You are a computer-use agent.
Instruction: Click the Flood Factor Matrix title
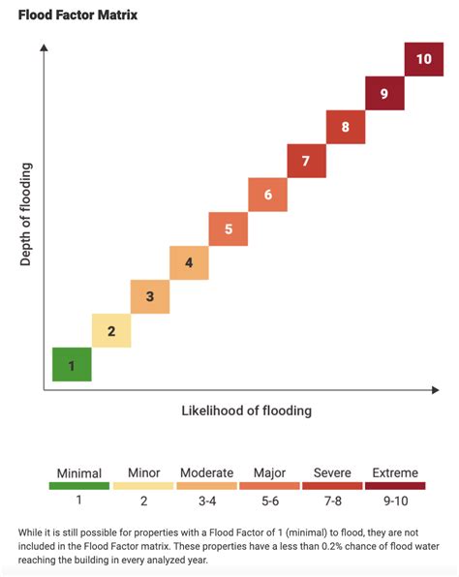pyautogui.click(x=77, y=15)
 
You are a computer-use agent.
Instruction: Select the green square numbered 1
pyautogui.click(x=72, y=365)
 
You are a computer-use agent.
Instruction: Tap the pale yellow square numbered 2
pyautogui.click(x=111, y=331)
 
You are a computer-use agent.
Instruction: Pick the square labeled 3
pyautogui.click(x=150, y=296)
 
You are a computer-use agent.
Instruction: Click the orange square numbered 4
pyautogui.click(x=189, y=262)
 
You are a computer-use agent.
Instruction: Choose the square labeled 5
pyautogui.click(x=229, y=228)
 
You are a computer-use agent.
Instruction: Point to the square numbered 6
pyautogui.click(x=267, y=195)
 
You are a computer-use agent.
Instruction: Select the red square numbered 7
pyautogui.click(x=306, y=161)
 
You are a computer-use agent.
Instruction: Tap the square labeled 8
pyautogui.click(x=345, y=127)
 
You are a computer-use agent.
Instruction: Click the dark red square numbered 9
pyautogui.click(x=384, y=93)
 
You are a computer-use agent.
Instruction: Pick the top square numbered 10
pyautogui.click(x=423, y=59)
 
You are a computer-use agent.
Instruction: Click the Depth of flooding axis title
pyautogui.click(x=26, y=215)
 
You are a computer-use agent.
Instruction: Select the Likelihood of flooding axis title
pyautogui.click(x=247, y=410)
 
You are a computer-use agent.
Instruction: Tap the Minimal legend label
pyautogui.click(x=79, y=472)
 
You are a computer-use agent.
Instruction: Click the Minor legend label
pyautogui.click(x=143, y=472)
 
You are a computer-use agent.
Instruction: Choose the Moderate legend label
pyautogui.click(x=206, y=472)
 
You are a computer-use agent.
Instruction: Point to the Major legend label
pyautogui.click(x=269, y=472)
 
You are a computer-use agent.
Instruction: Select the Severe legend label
pyautogui.click(x=332, y=472)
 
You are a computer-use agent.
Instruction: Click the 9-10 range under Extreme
pyautogui.click(x=395, y=501)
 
